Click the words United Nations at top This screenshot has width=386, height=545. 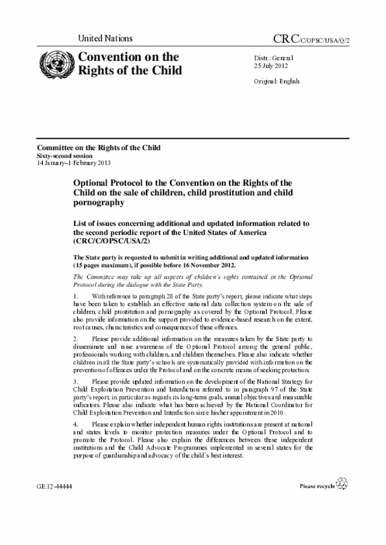tap(105, 39)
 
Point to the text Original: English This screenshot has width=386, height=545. tap(276, 81)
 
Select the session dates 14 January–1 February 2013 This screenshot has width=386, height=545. tap(74, 163)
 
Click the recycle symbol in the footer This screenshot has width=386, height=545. tap(342, 483)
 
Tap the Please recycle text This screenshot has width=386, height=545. tap(317, 485)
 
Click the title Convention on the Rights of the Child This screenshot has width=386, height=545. tap(127, 64)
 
